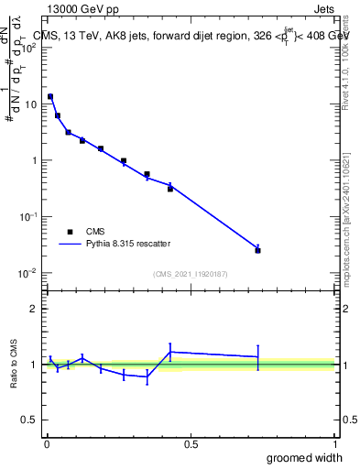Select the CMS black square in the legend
pyautogui.click(x=68, y=232)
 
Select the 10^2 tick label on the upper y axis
pyautogui.click(x=27, y=48)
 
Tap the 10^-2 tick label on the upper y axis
pyautogui.click(x=27, y=273)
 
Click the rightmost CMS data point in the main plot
pyautogui.click(x=257, y=250)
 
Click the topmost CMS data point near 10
pyautogui.click(x=50, y=96)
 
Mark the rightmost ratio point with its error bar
pyautogui.click(x=257, y=356)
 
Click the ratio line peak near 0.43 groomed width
pyautogui.click(x=170, y=352)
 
